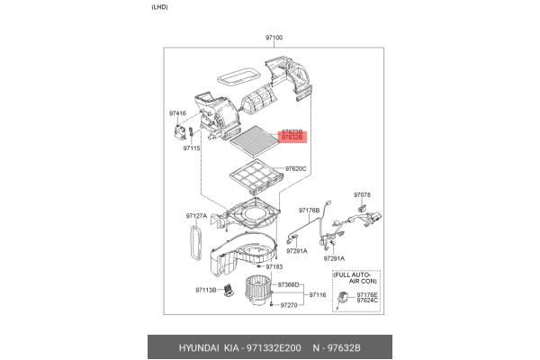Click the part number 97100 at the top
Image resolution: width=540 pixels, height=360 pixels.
(274, 38)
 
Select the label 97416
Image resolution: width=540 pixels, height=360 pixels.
(177, 113)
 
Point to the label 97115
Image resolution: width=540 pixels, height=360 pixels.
(190, 148)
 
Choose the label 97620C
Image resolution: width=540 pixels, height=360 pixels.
(296, 168)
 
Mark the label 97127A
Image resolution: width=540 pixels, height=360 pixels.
(197, 216)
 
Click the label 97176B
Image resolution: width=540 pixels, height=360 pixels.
(309, 210)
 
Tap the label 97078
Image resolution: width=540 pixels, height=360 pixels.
(362, 194)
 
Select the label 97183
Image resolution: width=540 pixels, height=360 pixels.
(274, 267)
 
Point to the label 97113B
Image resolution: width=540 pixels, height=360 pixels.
(207, 290)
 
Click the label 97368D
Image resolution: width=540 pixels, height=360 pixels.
(288, 285)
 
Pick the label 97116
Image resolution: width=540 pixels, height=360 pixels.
(318, 295)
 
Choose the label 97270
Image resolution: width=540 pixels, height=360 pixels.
(288, 305)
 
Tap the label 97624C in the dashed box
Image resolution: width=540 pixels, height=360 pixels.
(367, 301)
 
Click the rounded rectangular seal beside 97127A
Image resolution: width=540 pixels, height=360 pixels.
(192, 243)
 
